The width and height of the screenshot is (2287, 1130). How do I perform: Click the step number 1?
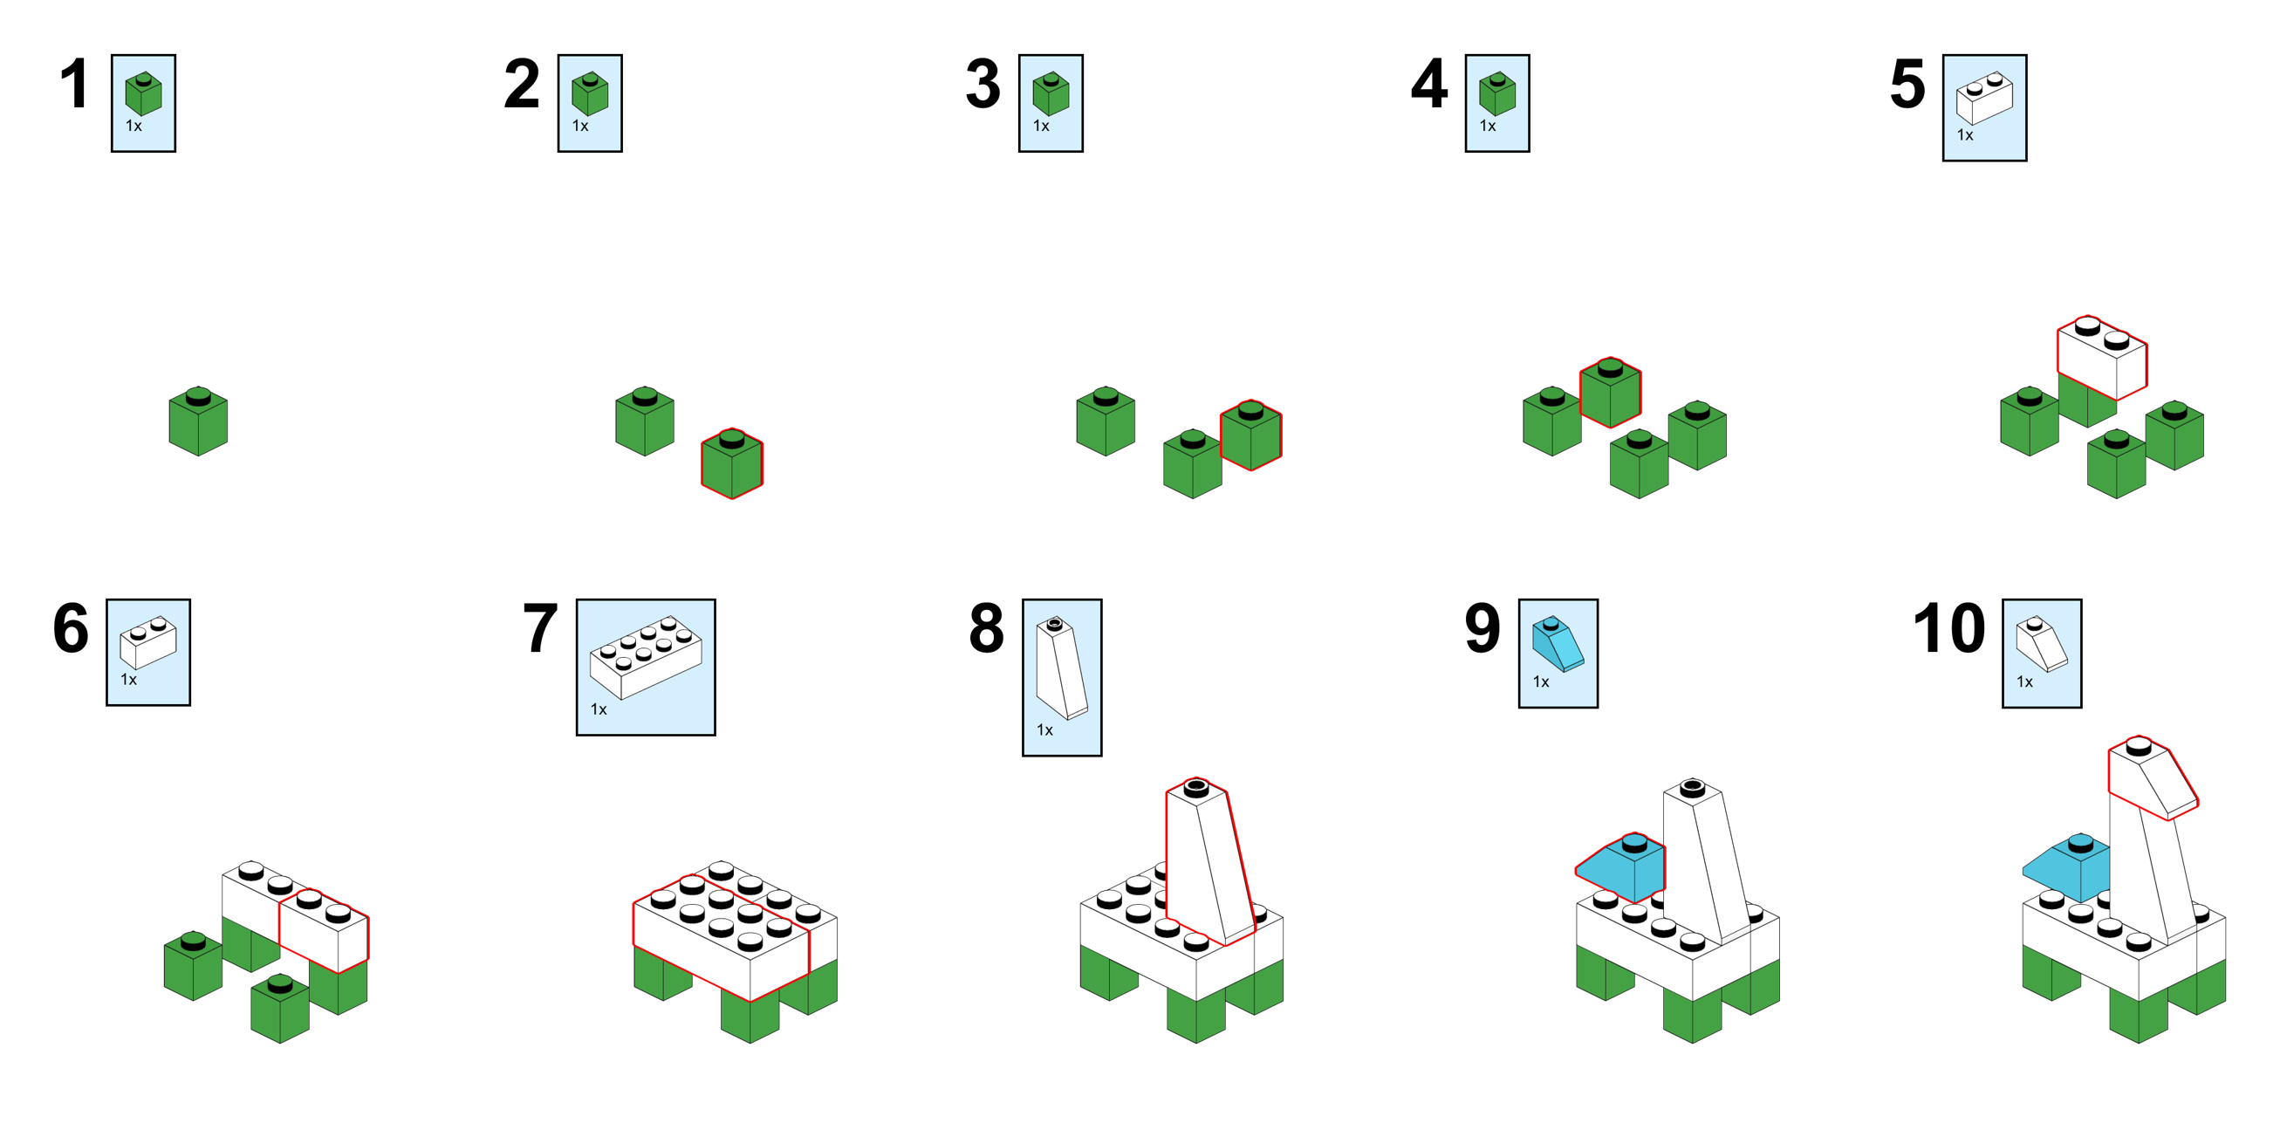(x=79, y=85)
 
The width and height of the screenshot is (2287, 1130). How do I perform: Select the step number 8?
(x=986, y=627)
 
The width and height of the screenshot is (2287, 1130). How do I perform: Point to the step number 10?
(x=1948, y=627)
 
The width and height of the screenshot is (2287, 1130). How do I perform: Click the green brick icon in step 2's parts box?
(x=590, y=93)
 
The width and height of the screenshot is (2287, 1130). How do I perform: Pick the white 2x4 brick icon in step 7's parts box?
(x=646, y=656)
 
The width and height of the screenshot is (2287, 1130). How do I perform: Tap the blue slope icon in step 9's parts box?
(x=1557, y=643)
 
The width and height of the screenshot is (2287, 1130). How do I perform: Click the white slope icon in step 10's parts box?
(x=2041, y=643)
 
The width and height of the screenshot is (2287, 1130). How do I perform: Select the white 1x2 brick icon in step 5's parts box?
(x=1984, y=97)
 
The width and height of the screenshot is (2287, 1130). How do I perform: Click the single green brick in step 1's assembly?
(x=198, y=421)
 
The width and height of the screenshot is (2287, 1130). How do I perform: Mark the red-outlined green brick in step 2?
(x=731, y=463)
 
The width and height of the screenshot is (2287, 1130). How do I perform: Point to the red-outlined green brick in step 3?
(x=1250, y=434)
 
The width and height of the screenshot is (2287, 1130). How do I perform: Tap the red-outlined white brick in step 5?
(x=2102, y=358)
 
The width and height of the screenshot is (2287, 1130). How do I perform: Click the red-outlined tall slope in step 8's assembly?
(x=1208, y=861)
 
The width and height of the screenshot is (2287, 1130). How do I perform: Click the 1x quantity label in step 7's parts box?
(x=599, y=709)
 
